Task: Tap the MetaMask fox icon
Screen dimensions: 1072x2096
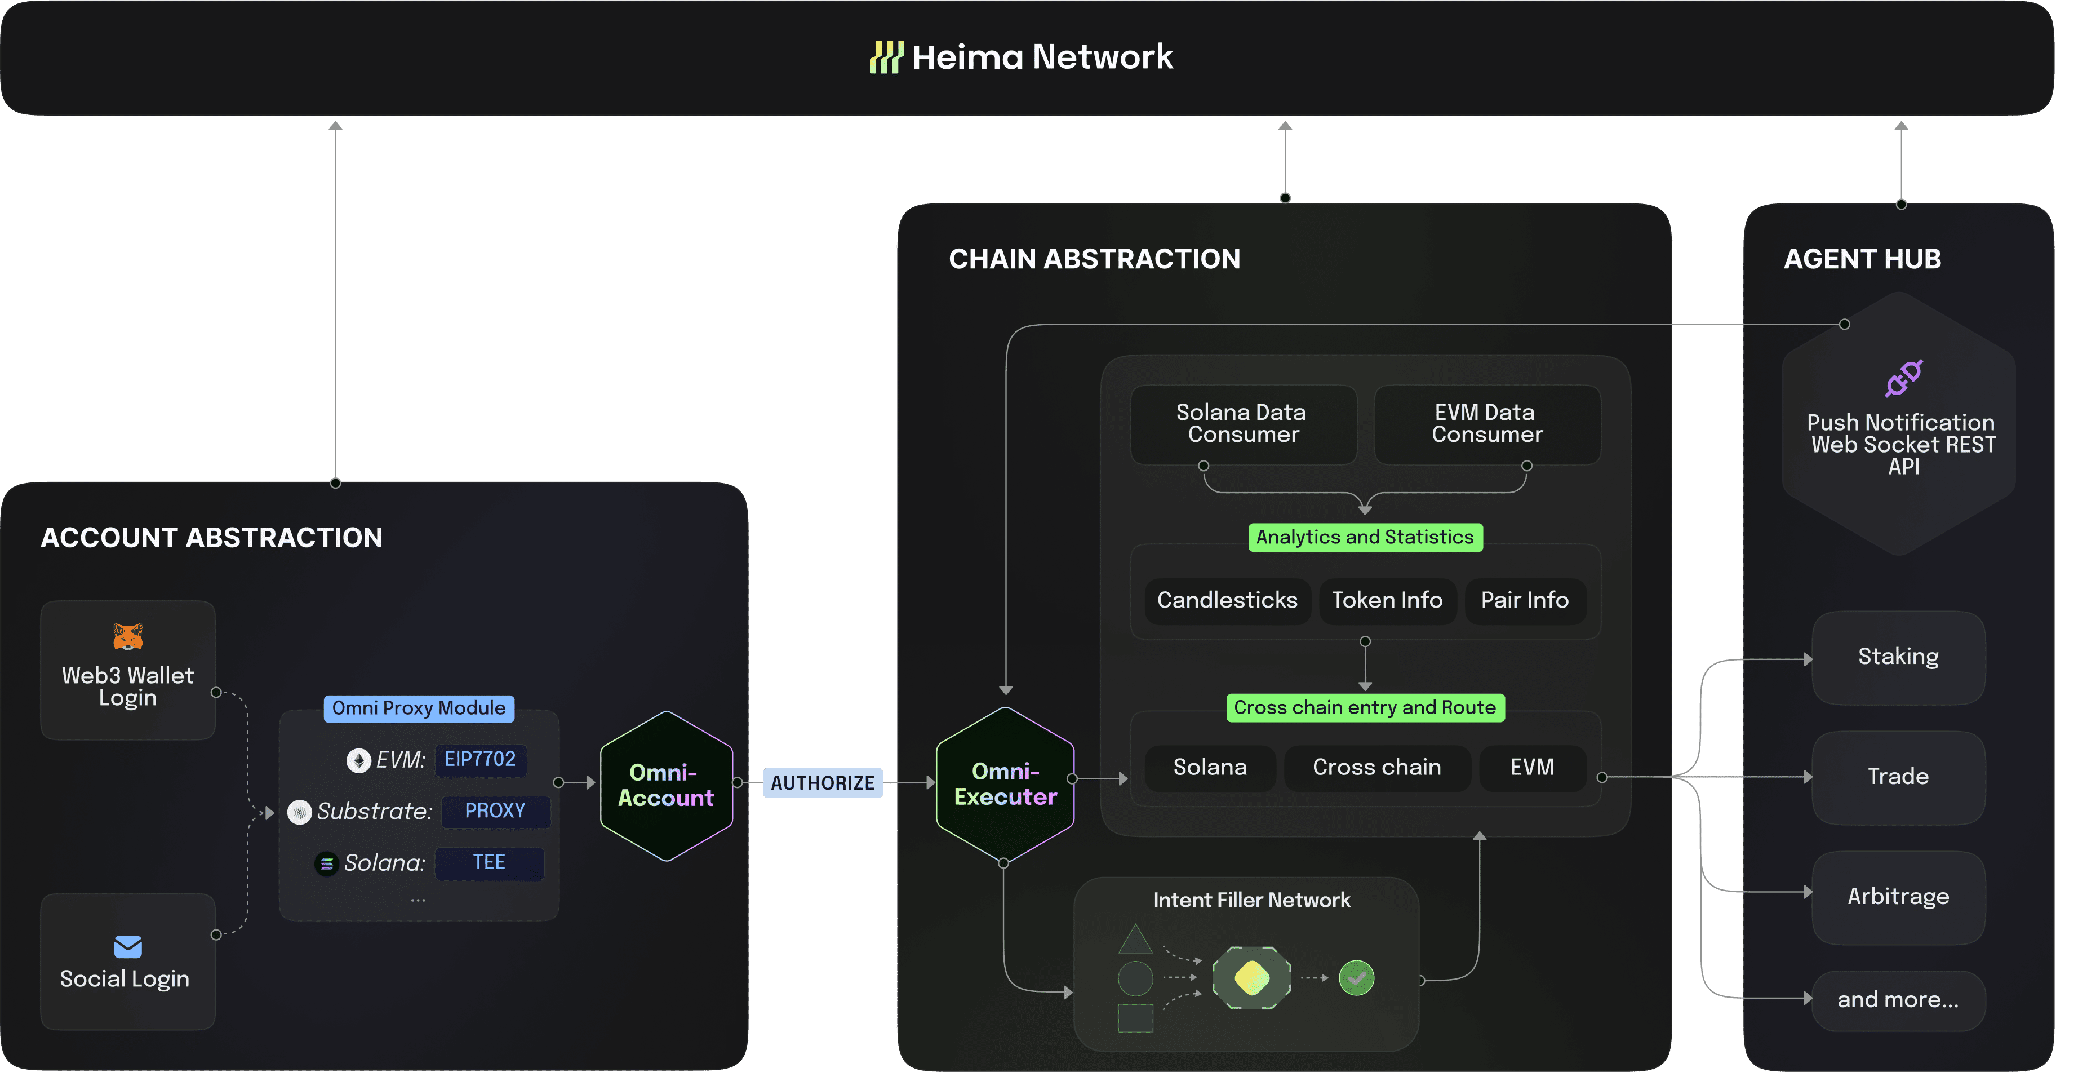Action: [128, 636]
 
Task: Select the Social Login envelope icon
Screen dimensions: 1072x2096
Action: [128, 946]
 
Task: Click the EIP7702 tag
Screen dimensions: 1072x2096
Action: [480, 759]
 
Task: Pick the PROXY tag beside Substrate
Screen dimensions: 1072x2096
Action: [495, 810]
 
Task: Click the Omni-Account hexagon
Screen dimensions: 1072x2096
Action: [665, 786]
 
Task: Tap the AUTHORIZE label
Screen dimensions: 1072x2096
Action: [823, 783]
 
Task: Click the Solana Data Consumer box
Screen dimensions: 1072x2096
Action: [1242, 424]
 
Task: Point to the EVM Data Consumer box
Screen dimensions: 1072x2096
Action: [1486, 424]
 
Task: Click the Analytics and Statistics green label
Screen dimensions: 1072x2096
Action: [1365, 537]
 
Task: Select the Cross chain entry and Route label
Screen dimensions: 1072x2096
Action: [1365, 707]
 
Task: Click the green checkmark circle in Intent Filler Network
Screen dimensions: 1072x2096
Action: [1356, 977]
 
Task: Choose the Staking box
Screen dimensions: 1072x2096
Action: [1898, 657]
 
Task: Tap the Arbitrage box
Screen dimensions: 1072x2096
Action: [1898, 897]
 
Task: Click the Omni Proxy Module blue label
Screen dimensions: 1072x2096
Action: [418, 708]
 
